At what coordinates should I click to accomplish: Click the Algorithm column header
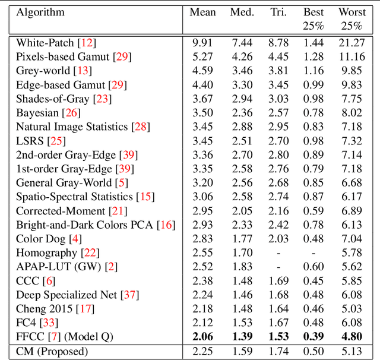(40, 12)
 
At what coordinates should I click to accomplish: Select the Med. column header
(242, 12)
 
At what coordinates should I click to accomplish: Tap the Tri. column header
(278, 12)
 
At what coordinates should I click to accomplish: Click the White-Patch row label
(46, 42)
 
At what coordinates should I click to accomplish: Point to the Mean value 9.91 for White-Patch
(202, 42)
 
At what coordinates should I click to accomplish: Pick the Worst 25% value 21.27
(352, 42)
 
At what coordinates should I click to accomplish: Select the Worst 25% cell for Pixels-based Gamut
(352, 56)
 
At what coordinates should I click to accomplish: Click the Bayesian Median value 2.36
(242, 113)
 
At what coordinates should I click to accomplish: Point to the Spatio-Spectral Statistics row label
(75, 197)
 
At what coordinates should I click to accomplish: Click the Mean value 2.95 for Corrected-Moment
(202, 211)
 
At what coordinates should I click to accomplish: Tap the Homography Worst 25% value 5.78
(352, 253)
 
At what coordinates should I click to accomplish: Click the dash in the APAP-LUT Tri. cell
(278, 267)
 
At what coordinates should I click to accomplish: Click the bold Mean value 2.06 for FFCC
(202, 337)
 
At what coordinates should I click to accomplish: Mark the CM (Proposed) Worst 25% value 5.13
(352, 351)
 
